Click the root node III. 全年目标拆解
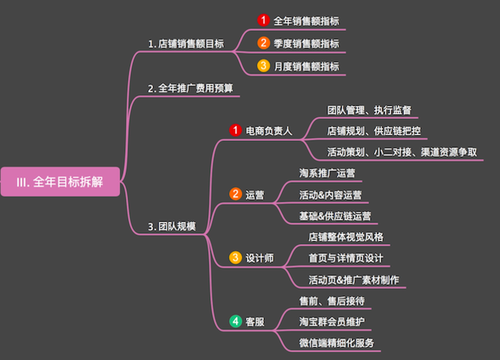click(x=59, y=182)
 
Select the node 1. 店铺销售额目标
click(x=186, y=44)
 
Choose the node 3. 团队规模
click(x=172, y=227)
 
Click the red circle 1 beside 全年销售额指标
click(x=263, y=21)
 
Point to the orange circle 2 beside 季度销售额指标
click(x=263, y=43)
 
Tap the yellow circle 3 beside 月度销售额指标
click(x=263, y=66)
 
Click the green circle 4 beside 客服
click(x=235, y=322)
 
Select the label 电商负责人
click(x=268, y=131)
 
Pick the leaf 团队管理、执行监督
click(x=369, y=110)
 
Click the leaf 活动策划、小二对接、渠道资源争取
click(x=401, y=152)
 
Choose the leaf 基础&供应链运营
click(x=335, y=216)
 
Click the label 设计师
click(x=260, y=258)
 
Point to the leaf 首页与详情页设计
click(x=345, y=258)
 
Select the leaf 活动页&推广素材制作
click(x=353, y=279)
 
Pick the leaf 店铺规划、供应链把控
click(x=373, y=131)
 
